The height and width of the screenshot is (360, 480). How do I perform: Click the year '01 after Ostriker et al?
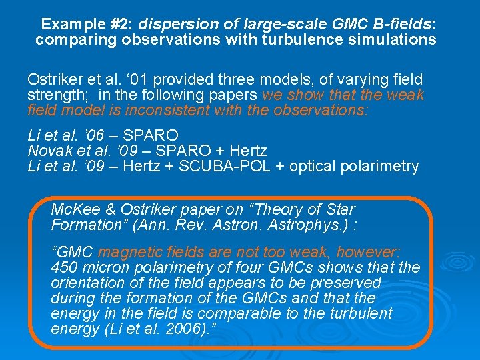(x=127, y=79)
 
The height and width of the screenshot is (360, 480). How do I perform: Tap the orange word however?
(x=368, y=253)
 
